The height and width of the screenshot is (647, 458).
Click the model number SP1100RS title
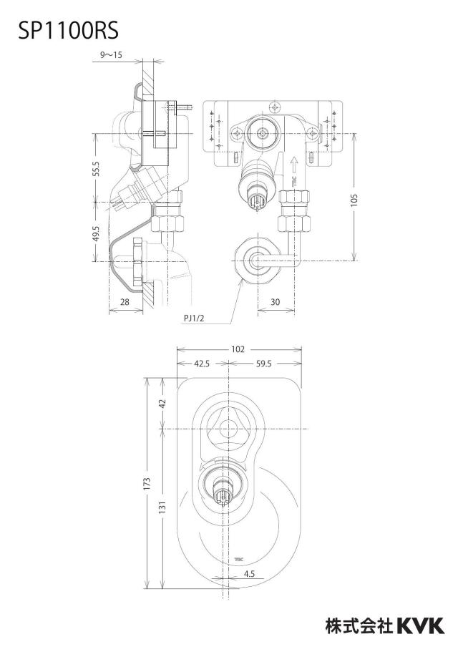click(x=69, y=30)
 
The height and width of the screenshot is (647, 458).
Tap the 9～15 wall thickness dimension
click(x=112, y=55)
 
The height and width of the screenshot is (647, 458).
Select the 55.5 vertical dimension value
click(x=96, y=168)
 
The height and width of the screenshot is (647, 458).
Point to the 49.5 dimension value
click(x=96, y=233)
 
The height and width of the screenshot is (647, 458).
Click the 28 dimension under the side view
click(x=125, y=302)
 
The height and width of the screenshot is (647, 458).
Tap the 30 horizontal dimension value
click(x=276, y=302)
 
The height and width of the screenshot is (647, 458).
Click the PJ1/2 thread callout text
click(x=194, y=318)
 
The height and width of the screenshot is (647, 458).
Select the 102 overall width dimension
click(x=238, y=349)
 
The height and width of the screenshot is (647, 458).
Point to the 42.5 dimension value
click(x=202, y=364)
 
